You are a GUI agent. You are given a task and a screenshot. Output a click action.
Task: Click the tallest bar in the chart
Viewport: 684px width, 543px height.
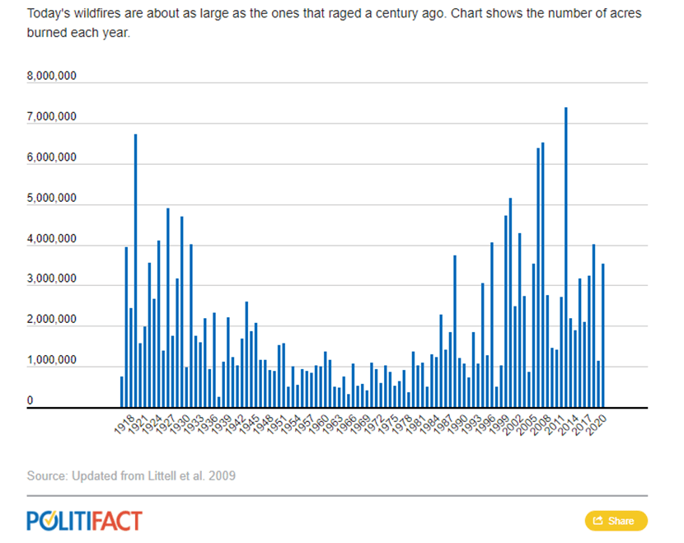[x=566, y=257]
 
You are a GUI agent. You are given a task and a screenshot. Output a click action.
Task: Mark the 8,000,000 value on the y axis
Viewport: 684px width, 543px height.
[x=52, y=77]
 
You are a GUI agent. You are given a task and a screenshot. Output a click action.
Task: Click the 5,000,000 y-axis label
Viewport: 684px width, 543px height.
[x=52, y=199]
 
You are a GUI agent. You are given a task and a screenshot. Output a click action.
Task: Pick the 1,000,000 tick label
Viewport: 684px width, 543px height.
[x=52, y=361]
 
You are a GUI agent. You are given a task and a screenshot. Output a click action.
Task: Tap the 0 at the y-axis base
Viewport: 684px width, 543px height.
[x=30, y=401]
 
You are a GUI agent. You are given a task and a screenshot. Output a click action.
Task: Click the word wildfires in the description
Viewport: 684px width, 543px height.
[x=87, y=15]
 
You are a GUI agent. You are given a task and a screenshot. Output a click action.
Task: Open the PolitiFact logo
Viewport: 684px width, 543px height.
[x=84, y=521]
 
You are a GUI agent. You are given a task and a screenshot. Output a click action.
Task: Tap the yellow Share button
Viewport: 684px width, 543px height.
[x=616, y=521]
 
